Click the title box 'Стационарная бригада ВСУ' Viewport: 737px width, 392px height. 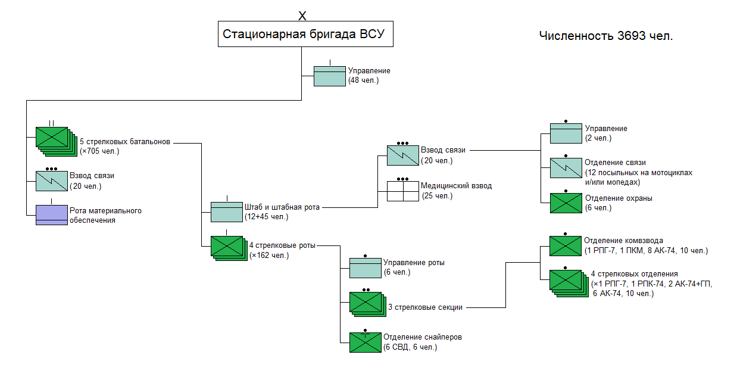pyautogui.click(x=305, y=35)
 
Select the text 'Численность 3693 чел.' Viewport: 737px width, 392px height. pyautogui.click(x=605, y=36)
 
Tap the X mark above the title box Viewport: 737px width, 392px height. pyautogui.click(x=302, y=15)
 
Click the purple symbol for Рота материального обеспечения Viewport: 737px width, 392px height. pyautogui.click(x=52, y=215)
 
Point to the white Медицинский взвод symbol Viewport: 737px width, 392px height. pyautogui.click(x=403, y=191)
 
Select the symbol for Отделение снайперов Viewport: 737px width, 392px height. pyautogui.click(x=365, y=342)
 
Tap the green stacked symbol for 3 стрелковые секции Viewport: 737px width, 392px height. pyautogui.click(x=366, y=303)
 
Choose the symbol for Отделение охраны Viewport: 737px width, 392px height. pyautogui.click(x=566, y=203)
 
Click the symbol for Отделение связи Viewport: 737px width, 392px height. pyautogui.click(x=566, y=167)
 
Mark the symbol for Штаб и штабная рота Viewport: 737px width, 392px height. pyautogui.click(x=227, y=212)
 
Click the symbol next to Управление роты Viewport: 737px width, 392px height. pyautogui.click(x=365, y=267)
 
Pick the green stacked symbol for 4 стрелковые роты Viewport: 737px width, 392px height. pyautogui.click(x=227, y=247)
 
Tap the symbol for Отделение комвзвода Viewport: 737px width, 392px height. pyautogui.click(x=565, y=245)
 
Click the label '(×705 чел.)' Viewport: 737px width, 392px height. pyautogui.click(x=99, y=151)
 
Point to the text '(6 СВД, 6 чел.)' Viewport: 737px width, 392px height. pyautogui.click(x=411, y=347)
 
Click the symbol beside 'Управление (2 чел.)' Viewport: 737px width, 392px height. pyautogui.click(x=566, y=133)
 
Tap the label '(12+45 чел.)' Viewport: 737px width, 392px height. pyautogui.click(x=266, y=217)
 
